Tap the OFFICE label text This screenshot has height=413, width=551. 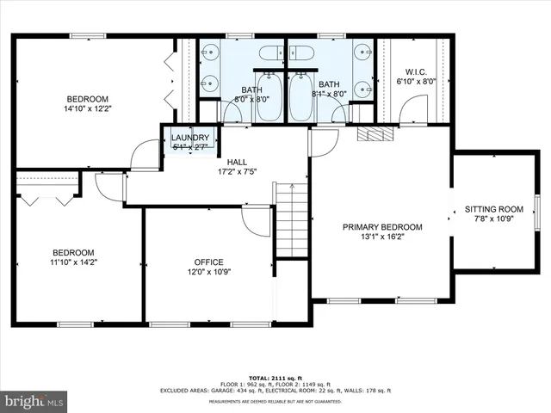click(x=208, y=262)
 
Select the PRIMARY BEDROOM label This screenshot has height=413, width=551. click(x=382, y=227)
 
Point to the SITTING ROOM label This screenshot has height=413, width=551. click(x=493, y=209)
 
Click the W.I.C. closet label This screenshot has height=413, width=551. click(x=415, y=71)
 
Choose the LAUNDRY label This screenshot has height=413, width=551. click(x=189, y=138)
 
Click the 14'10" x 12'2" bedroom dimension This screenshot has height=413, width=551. click(x=86, y=109)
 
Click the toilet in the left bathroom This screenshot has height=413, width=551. click(x=269, y=54)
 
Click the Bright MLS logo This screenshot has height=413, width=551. click(x=34, y=401)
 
